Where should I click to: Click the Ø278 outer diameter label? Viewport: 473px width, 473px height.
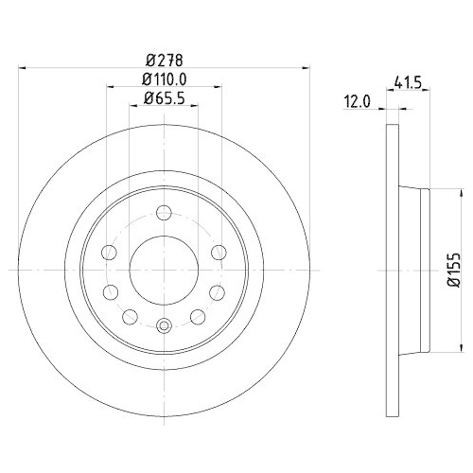163,57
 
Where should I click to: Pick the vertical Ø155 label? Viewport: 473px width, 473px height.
454,268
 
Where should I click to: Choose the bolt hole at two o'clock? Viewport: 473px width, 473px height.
219,251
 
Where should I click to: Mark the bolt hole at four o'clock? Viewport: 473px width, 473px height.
217,290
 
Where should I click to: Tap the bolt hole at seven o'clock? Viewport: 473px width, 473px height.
131,315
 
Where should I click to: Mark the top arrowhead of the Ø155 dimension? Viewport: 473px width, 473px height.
438,193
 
